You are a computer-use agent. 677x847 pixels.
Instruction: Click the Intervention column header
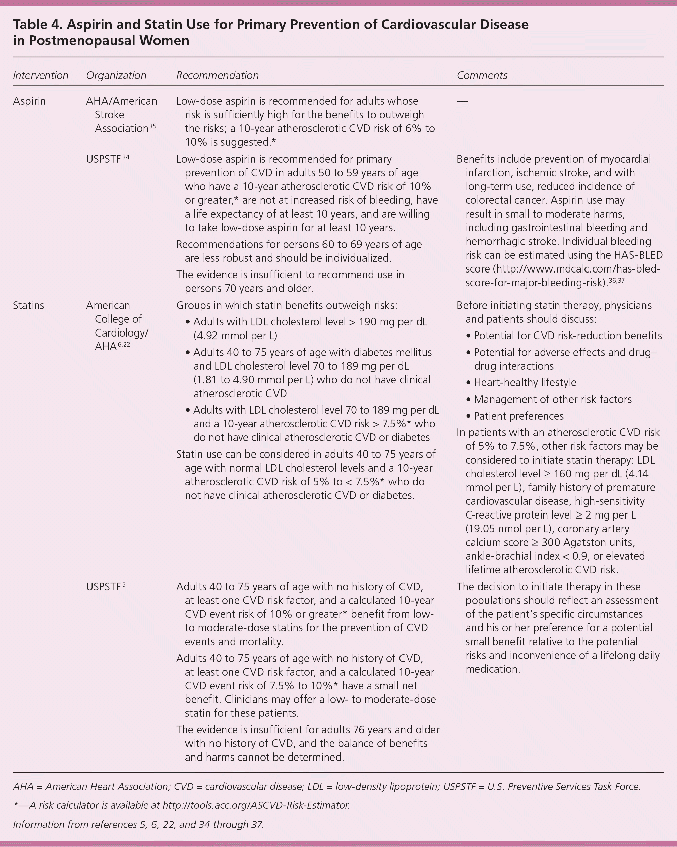pos(41,75)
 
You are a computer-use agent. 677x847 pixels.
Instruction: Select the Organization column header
pos(116,75)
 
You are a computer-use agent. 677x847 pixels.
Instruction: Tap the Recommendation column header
pos(217,75)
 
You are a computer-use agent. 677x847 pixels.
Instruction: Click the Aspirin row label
pos(29,101)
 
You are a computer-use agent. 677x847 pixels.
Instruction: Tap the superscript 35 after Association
pos(153,126)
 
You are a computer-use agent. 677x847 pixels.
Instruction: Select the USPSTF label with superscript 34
pos(107,159)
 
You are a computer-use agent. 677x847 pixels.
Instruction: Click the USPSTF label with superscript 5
pos(105,587)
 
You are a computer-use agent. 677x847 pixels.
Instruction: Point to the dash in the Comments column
pos(462,101)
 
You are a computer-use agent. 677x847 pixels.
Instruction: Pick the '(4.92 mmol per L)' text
pos(235,336)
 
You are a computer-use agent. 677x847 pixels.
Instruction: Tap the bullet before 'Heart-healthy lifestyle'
pos(468,383)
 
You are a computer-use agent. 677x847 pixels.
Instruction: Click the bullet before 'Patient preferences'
pos(468,416)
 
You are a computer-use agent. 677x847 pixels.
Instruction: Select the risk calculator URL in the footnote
pos(256,805)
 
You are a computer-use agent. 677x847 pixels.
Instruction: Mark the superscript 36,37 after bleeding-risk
pos(616,281)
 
